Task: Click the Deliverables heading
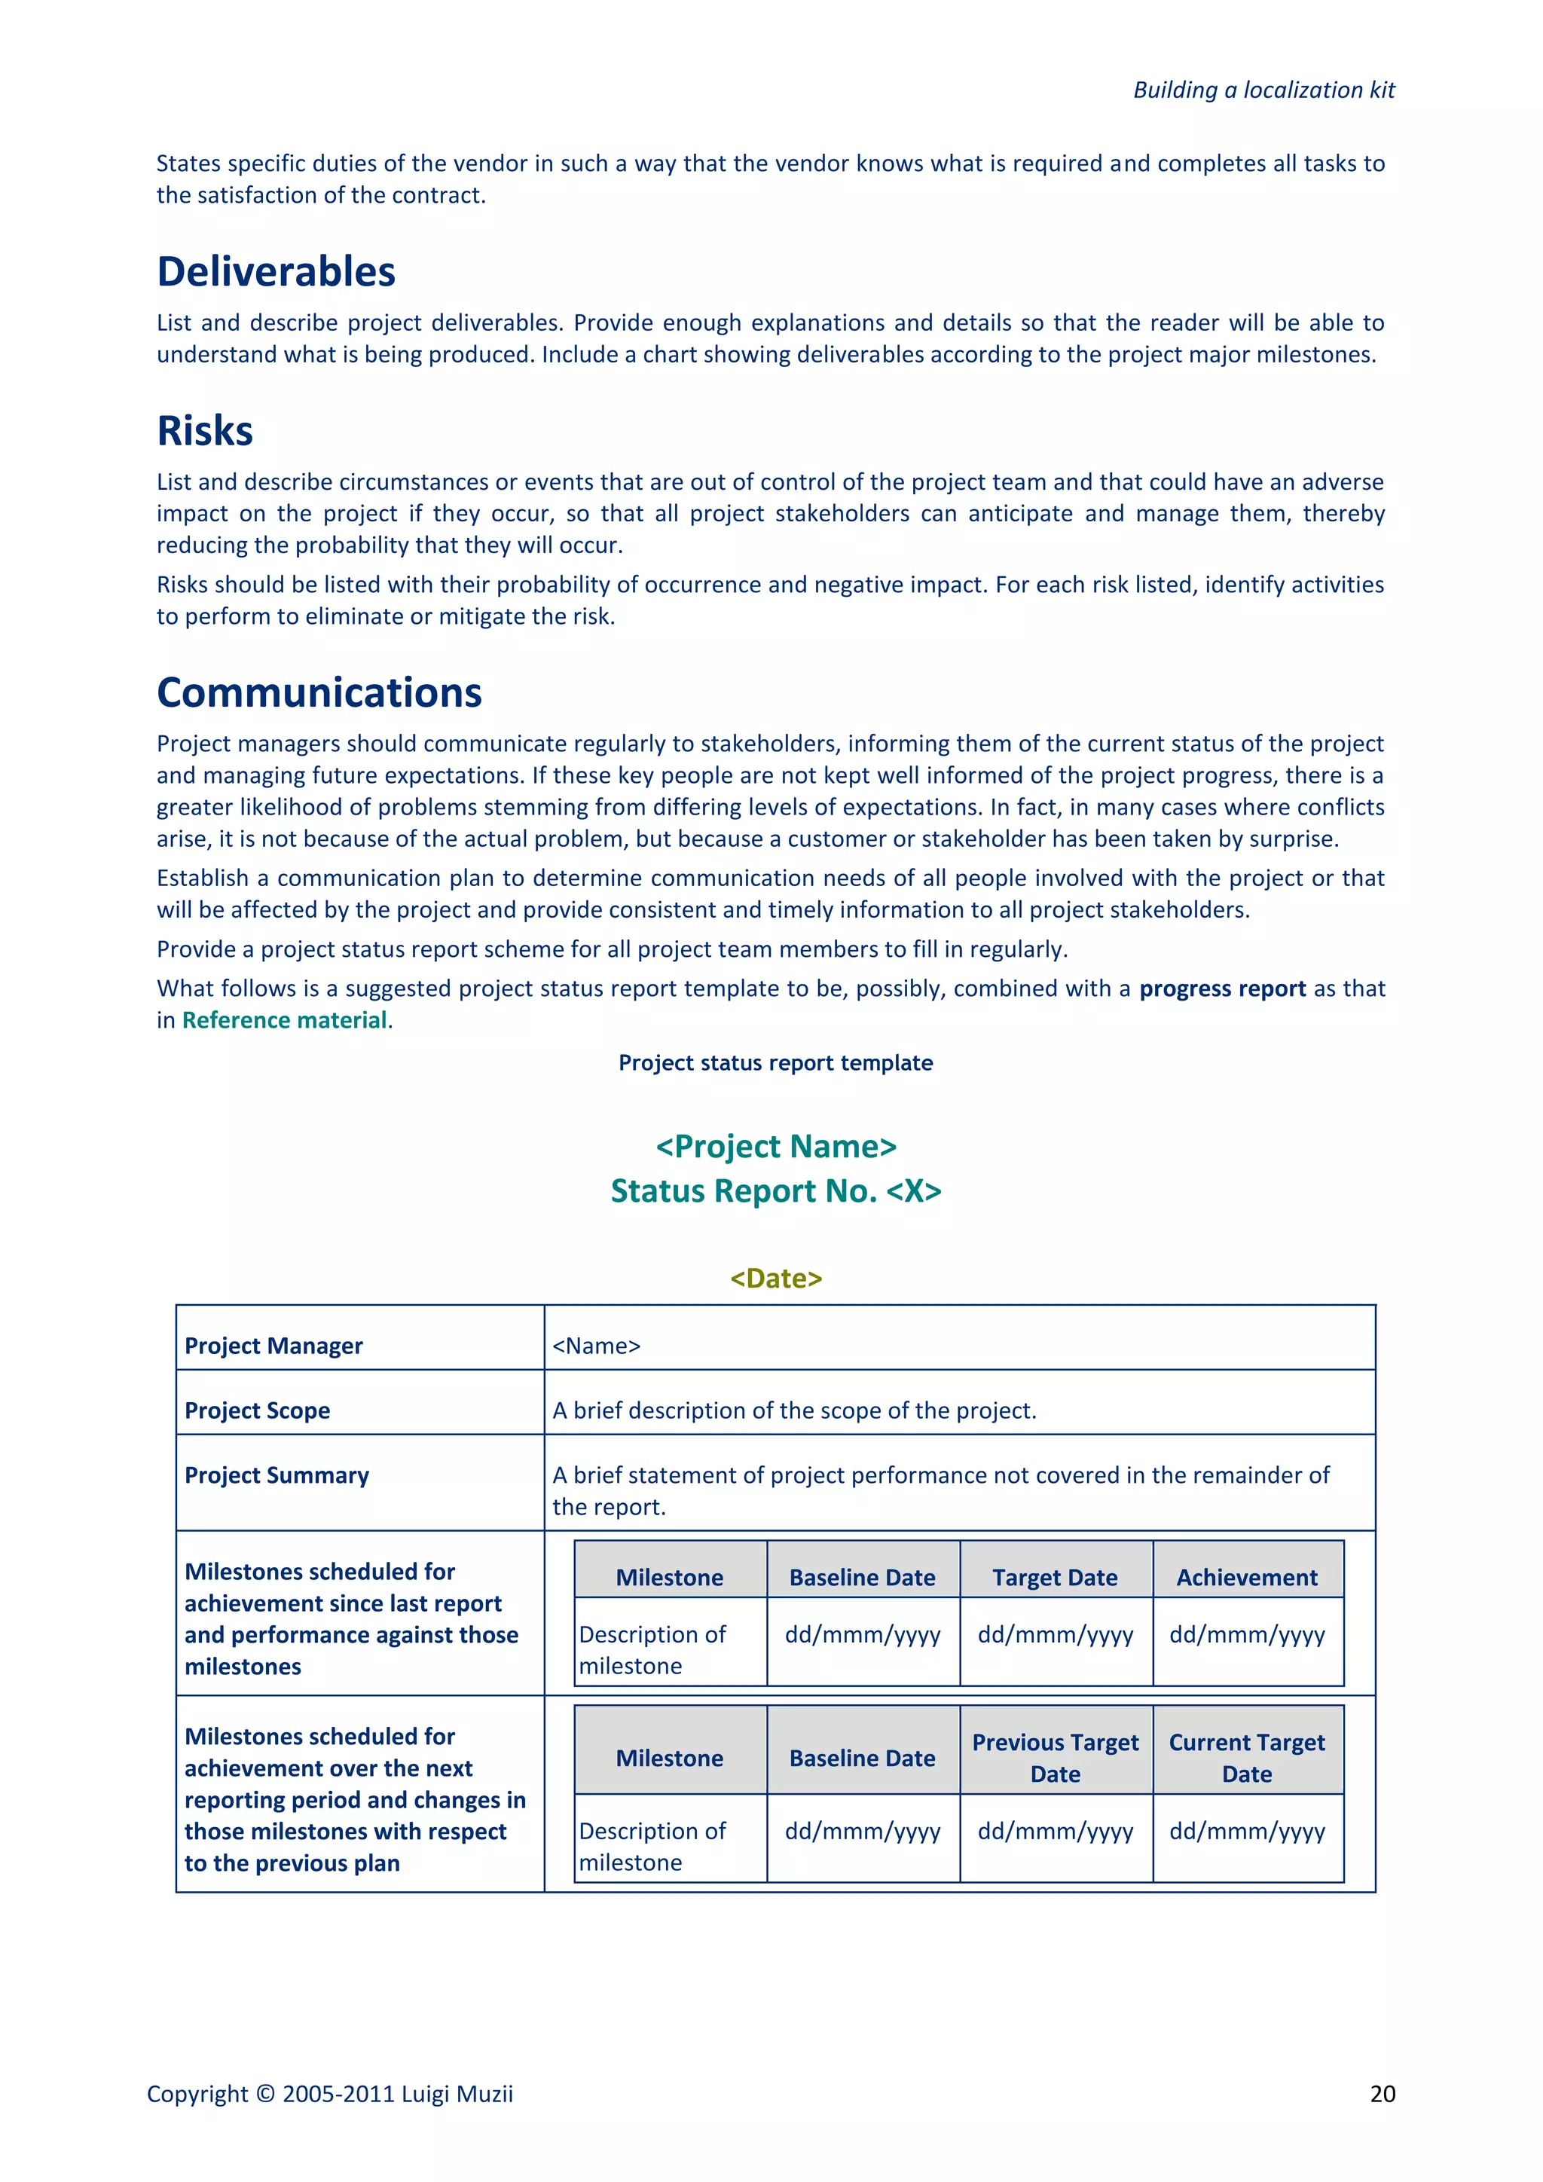[276, 272]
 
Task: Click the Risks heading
[205, 432]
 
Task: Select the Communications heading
[319, 693]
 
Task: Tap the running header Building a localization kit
[1263, 90]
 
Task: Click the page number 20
[1383, 2094]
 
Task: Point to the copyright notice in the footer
[330, 2094]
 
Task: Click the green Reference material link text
[284, 1021]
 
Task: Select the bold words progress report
[1222, 989]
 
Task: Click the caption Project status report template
[775, 1062]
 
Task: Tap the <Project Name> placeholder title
[775, 1146]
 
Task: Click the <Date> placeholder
[775, 1278]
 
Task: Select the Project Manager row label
[273, 1346]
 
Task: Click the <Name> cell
[597, 1346]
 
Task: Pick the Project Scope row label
[258, 1410]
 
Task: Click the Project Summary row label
[277, 1475]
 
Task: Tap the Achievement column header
[1247, 1578]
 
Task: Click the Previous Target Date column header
[1055, 1758]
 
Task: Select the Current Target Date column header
[1247, 1758]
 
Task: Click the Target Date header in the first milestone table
[1055, 1578]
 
